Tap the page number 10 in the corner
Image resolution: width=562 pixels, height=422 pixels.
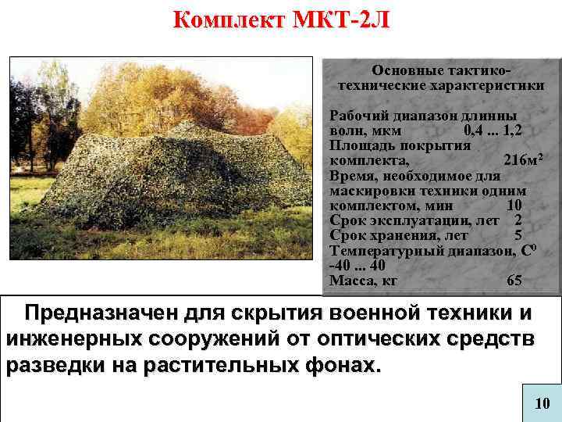click(x=542, y=403)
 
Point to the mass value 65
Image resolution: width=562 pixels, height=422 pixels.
click(x=514, y=281)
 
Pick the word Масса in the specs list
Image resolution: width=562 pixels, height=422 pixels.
click(x=352, y=281)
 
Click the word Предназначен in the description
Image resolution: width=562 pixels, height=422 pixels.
click(x=101, y=313)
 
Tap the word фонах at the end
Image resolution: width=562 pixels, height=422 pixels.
click(x=339, y=365)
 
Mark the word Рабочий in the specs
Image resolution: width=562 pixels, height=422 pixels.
click(x=358, y=115)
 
